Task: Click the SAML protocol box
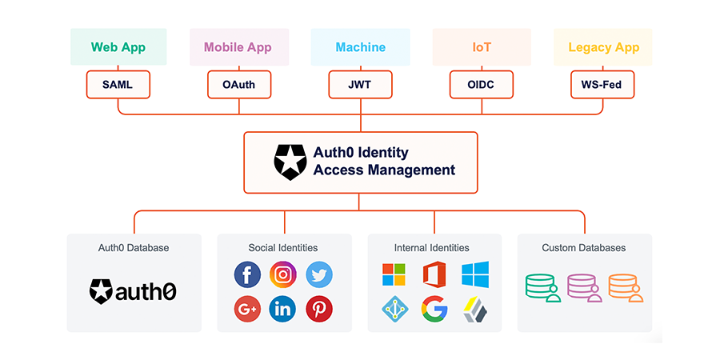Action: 118,84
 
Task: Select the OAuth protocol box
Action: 239,84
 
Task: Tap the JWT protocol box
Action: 360,84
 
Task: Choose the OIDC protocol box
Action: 482,84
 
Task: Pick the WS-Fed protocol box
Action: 602,84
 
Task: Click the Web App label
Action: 118,47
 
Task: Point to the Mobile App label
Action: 238,47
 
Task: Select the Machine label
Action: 360,47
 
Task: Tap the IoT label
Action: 482,47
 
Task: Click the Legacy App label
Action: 604,47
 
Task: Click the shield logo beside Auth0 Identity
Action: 290,162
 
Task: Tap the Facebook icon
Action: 247,274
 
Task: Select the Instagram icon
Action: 283,274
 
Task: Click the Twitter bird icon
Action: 319,274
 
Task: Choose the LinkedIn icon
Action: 283,309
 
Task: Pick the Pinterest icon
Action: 319,309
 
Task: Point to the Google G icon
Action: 434,309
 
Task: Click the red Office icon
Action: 434,274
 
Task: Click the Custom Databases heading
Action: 584,248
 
